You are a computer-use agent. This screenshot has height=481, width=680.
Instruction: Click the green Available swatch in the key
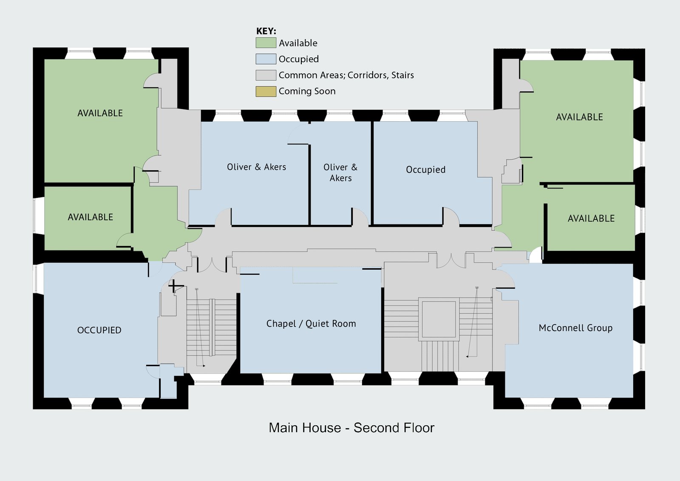(266, 43)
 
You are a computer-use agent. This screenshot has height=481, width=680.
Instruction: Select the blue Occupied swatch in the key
(266, 59)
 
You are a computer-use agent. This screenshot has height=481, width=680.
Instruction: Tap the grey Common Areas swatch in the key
(266, 75)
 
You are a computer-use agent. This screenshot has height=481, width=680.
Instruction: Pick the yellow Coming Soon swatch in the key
(266, 91)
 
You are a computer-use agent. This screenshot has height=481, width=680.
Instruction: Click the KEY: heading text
(266, 31)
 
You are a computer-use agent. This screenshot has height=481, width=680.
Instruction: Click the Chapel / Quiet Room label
(311, 324)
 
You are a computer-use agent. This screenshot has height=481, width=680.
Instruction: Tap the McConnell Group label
(575, 328)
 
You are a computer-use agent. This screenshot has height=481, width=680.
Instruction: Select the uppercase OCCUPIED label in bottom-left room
(99, 330)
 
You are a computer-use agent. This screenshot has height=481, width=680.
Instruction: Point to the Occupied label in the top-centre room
(425, 170)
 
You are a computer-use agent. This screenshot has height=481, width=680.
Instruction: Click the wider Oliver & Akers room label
(256, 167)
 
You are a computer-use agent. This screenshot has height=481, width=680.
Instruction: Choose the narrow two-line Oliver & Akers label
(340, 173)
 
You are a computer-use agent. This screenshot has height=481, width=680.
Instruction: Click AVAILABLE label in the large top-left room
(100, 113)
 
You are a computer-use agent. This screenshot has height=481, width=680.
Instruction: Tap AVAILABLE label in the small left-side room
(91, 217)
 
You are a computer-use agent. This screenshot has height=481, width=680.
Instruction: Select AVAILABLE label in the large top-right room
(579, 117)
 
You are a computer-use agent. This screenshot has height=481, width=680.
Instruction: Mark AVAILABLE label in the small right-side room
(591, 219)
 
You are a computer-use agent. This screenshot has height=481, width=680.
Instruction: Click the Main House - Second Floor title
(351, 427)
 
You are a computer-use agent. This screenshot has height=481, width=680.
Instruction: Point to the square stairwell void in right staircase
(439, 319)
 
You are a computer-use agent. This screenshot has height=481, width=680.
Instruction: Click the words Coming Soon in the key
(307, 91)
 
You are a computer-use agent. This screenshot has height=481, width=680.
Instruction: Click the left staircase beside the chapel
(211, 327)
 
